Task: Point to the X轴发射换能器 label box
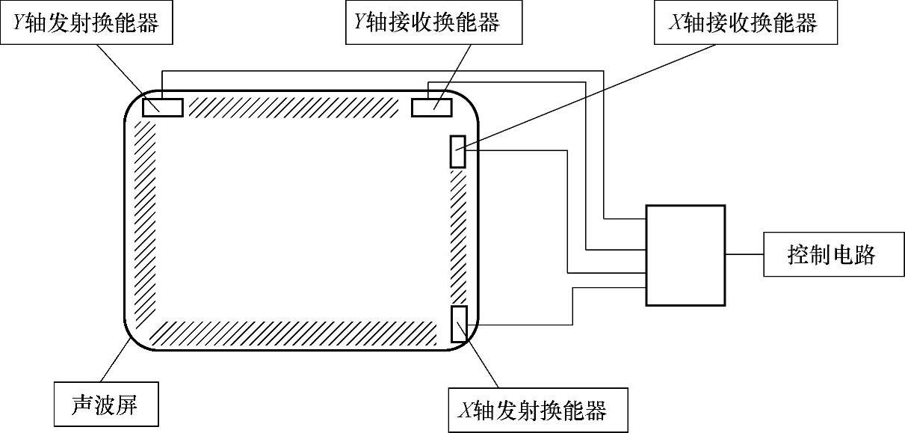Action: click(537, 410)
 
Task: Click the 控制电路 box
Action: click(831, 254)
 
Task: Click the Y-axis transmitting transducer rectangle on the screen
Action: click(162, 107)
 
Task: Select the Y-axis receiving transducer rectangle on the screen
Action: click(431, 107)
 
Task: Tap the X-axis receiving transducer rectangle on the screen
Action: click(457, 151)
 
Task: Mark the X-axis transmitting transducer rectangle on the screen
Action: click(459, 323)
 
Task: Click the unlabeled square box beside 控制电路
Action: click(685, 254)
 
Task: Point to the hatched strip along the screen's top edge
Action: click(293, 107)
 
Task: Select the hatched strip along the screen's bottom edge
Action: click(293, 332)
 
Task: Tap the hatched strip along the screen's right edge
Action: click(457, 236)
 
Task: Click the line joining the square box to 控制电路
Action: click(744, 254)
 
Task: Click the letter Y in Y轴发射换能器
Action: click(17, 23)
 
